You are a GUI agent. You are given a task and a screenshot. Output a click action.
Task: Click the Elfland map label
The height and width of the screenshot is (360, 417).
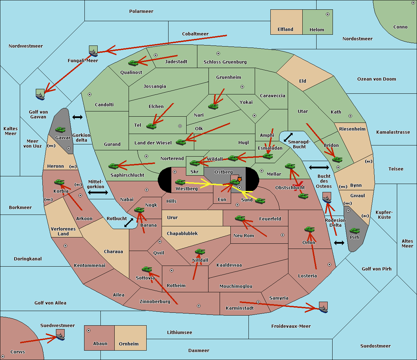pos(285,30)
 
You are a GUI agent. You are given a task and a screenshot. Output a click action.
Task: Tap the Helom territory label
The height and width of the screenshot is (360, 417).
pos(317,30)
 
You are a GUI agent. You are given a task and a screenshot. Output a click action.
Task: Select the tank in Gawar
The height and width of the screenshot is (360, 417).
pos(60,130)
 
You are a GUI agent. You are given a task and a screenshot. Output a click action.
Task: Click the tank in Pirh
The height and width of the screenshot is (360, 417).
pos(354,231)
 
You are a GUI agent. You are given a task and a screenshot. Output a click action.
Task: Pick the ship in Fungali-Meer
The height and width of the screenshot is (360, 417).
pos(93,51)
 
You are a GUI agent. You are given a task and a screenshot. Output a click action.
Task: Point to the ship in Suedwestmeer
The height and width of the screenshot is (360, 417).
pos(60,335)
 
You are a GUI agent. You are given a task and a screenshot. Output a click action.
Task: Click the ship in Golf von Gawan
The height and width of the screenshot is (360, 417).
pos(40,94)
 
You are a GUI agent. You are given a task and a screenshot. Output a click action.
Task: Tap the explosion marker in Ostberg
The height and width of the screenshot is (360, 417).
pos(239,179)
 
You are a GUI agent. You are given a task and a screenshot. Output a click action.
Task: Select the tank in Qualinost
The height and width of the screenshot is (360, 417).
pos(133,63)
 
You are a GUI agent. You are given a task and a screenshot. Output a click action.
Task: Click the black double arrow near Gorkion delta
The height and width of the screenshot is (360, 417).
pos(77,117)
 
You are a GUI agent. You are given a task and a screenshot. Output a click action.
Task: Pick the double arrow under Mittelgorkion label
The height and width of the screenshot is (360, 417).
pos(98,193)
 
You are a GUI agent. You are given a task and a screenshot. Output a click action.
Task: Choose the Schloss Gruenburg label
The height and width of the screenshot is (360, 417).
pos(225,62)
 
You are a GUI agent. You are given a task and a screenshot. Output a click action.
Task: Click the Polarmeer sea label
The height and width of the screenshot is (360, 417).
pos(141,11)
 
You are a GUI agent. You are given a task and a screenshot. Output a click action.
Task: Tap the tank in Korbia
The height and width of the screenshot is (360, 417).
pos(59,182)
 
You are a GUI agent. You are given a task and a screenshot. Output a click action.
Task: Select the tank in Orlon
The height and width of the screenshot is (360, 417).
pos(309,229)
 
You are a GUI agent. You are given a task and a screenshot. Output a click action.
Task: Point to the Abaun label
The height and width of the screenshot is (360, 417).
pos(100,344)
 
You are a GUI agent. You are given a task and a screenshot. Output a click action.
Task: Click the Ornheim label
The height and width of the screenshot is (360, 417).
pos(129,344)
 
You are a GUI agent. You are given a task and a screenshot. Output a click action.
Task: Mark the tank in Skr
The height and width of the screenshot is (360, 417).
pos(195,162)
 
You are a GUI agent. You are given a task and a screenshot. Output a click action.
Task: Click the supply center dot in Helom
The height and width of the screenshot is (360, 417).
pos(327,14)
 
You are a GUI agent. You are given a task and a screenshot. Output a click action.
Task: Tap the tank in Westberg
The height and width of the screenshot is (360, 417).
pos(180,182)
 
